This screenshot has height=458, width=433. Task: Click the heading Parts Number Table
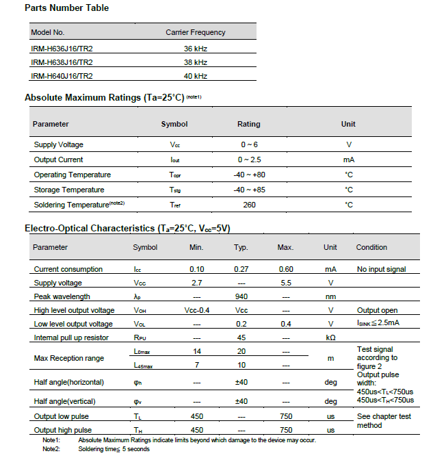click(x=66, y=8)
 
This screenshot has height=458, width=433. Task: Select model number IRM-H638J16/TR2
click(x=62, y=62)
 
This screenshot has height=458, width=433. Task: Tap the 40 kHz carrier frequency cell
click(x=195, y=76)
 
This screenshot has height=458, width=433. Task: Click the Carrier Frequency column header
click(x=195, y=32)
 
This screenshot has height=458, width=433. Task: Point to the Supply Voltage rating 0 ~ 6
click(x=248, y=145)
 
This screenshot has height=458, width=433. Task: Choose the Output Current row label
click(x=58, y=160)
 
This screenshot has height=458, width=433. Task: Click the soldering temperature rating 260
click(x=248, y=205)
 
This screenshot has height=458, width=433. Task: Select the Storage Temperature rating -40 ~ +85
click(x=248, y=190)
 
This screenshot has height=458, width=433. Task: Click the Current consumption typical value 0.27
click(x=241, y=269)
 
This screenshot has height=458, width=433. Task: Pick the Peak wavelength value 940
click(x=241, y=296)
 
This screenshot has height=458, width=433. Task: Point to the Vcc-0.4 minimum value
click(x=196, y=310)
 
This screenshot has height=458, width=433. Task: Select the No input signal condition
click(x=381, y=269)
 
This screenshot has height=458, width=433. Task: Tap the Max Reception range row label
click(x=69, y=358)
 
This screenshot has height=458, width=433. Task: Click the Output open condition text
click(x=377, y=310)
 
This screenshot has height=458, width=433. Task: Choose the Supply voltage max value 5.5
click(x=286, y=283)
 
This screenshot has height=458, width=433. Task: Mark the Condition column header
click(x=371, y=247)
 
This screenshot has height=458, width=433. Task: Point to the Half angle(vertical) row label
click(x=64, y=401)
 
